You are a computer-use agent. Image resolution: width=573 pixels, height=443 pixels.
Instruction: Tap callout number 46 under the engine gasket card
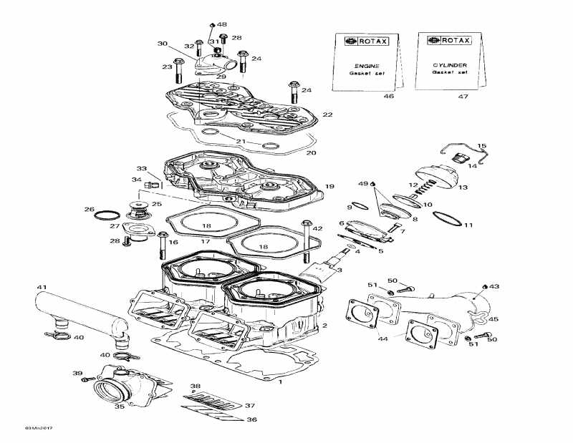pos(369,96)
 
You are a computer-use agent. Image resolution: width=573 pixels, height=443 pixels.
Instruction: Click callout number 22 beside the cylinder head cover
pos(327,115)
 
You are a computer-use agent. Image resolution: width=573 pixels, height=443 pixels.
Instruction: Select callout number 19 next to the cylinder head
pos(329,187)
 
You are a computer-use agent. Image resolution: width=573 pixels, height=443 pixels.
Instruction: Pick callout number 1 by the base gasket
pos(280,381)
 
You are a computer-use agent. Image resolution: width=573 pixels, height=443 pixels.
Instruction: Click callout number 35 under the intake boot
pos(120,406)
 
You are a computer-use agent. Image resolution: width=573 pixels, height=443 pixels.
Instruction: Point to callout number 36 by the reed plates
pos(251,419)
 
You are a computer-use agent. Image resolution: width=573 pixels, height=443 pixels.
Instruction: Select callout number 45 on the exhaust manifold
pos(493,320)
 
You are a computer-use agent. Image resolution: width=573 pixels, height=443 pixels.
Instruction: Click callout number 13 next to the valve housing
pos(463,188)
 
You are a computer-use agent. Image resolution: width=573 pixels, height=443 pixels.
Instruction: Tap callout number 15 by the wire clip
pos(481,146)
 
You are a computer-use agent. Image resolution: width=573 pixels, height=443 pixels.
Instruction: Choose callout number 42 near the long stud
pos(317,228)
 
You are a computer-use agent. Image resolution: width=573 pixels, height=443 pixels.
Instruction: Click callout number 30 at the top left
pos(163,44)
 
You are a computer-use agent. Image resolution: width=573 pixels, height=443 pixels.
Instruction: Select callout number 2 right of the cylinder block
pos(324,326)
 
